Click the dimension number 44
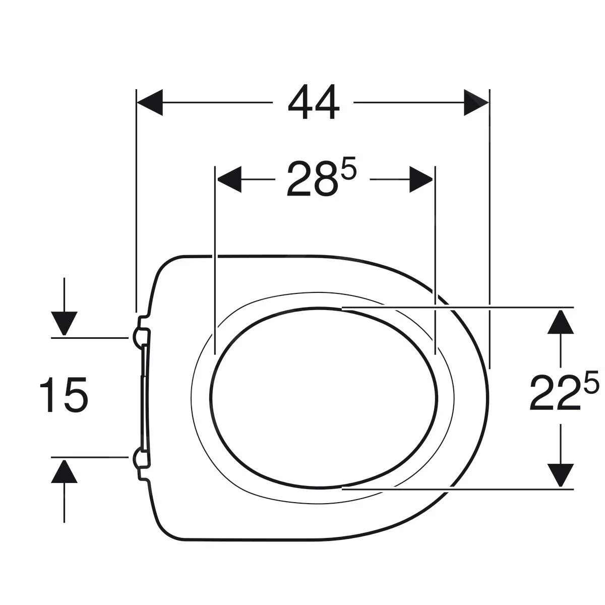pyautogui.click(x=313, y=102)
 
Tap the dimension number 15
pyautogui.click(x=64, y=395)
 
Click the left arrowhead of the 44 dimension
pyautogui.click(x=150, y=102)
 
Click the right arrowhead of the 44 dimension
pyautogui.click(x=476, y=102)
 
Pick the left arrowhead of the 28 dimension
pyautogui.click(x=229, y=179)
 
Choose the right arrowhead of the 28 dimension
pyautogui.click(x=421, y=179)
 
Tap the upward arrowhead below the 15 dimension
pyautogui.click(x=65, y=471)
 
